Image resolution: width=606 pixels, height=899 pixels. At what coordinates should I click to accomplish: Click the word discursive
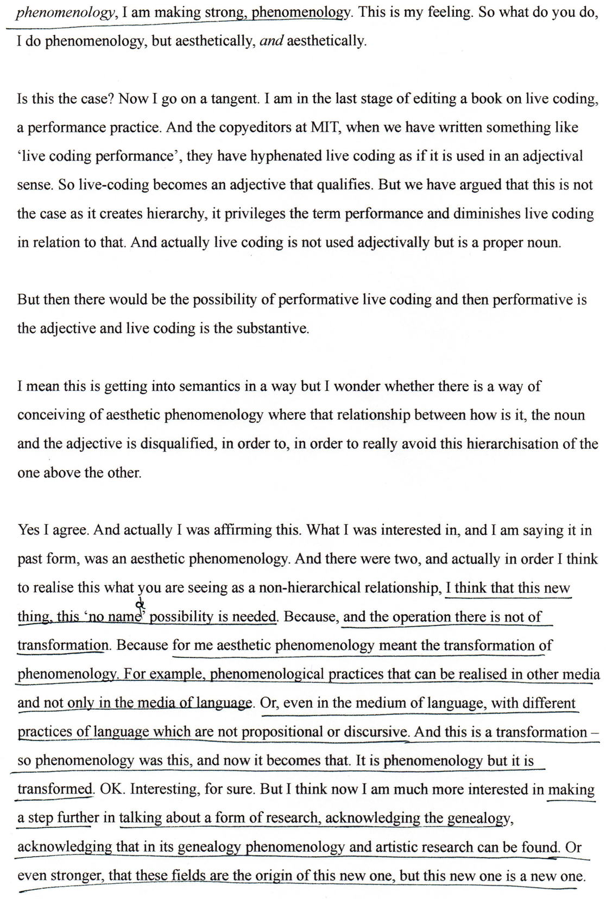pyautogui.click(x=375, y=732)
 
